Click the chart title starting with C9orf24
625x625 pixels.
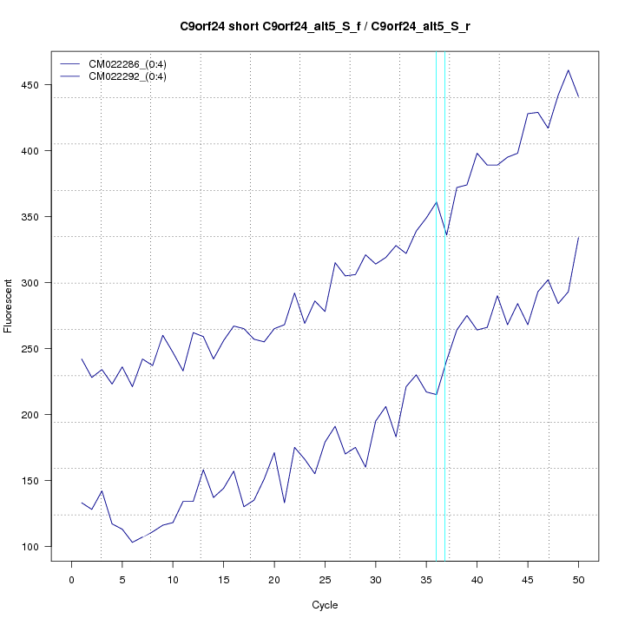pyautogui.click(x=325, y=26)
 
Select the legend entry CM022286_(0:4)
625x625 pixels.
pyautogui.click(x=122, y=63)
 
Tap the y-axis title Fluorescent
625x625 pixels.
pyautogui.click(x=9, y=306)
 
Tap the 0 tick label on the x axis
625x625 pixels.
pyautogui.click(x=71, y=579)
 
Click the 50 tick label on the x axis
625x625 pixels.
pyautogui.click(x=578, y=579)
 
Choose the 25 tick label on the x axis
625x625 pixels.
pyautogui.click(x=325, y=579)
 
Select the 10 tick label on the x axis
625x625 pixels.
pyautogui.click(x=173, y=579)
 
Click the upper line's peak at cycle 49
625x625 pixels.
pyautogui.click(x=568, y=70)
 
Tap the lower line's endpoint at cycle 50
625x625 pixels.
pyautogui.click(x=578, y=237)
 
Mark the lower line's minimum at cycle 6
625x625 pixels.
pyautogui.click(x=132, y=543)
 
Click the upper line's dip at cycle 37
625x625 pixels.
pyautogui.click(x=446, y=235)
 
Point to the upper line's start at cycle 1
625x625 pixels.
pyautogui.click(x=82, y=359)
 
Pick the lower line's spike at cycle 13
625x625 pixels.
pyautogui.click(x=203, y=470)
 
